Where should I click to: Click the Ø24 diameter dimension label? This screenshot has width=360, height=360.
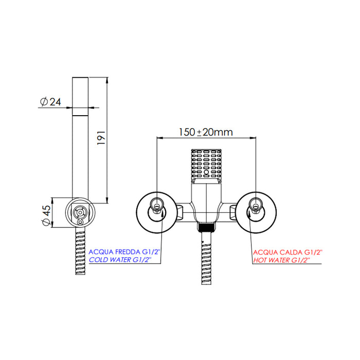click(x=50, y=102)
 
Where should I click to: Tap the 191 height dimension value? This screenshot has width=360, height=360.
click(x=101, y=138)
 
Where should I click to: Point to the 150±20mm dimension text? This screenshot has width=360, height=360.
click(x=206, y=132)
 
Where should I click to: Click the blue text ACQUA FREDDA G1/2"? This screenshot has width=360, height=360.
click(x=124, y=252)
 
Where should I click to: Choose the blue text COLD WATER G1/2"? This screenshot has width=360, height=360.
click(x=120, y=260)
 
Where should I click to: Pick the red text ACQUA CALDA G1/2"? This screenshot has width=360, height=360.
click(x=287, y=253)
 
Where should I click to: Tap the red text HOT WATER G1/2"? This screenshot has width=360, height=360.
click(x=282, y=260)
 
